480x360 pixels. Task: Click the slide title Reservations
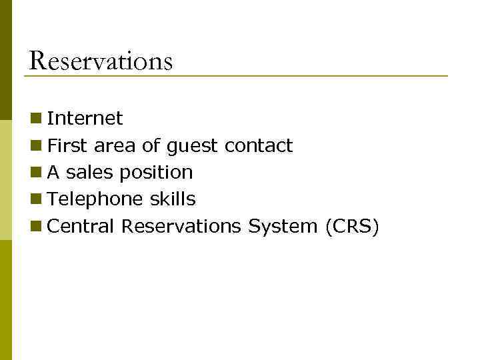tap(101, 61)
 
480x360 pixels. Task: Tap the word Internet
tap(85, 119)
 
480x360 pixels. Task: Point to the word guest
tap(192, 146)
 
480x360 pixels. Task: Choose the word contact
tap(259, 145)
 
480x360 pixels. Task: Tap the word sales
tap(90, 173)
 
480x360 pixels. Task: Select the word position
tap(156, 173)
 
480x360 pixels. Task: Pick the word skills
tap(172, 199)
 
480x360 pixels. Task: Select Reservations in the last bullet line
tap(181, 227)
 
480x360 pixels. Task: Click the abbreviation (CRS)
tap(353, 227)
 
